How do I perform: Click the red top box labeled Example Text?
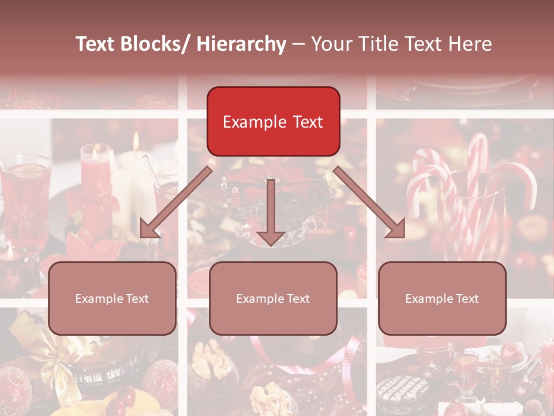pyautogui.click(x=273, y=121)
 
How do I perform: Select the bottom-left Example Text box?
pyautogui.click(x=112, y=298)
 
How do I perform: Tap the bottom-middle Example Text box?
pyautogui.click(x=273, y=298)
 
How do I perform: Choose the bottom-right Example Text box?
pyautogui.click(x=442, y=298)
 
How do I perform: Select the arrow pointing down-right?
pyautogui.click(x=370, y=202)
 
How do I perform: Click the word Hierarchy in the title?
pyautogui.click(x=241, y=44)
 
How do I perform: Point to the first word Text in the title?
pyautogui.click(x=96, y=44)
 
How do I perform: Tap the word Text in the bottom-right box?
pyautogui.click(x=466, y=299)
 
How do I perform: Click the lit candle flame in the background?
pyautogui.click(x=136, y=142)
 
